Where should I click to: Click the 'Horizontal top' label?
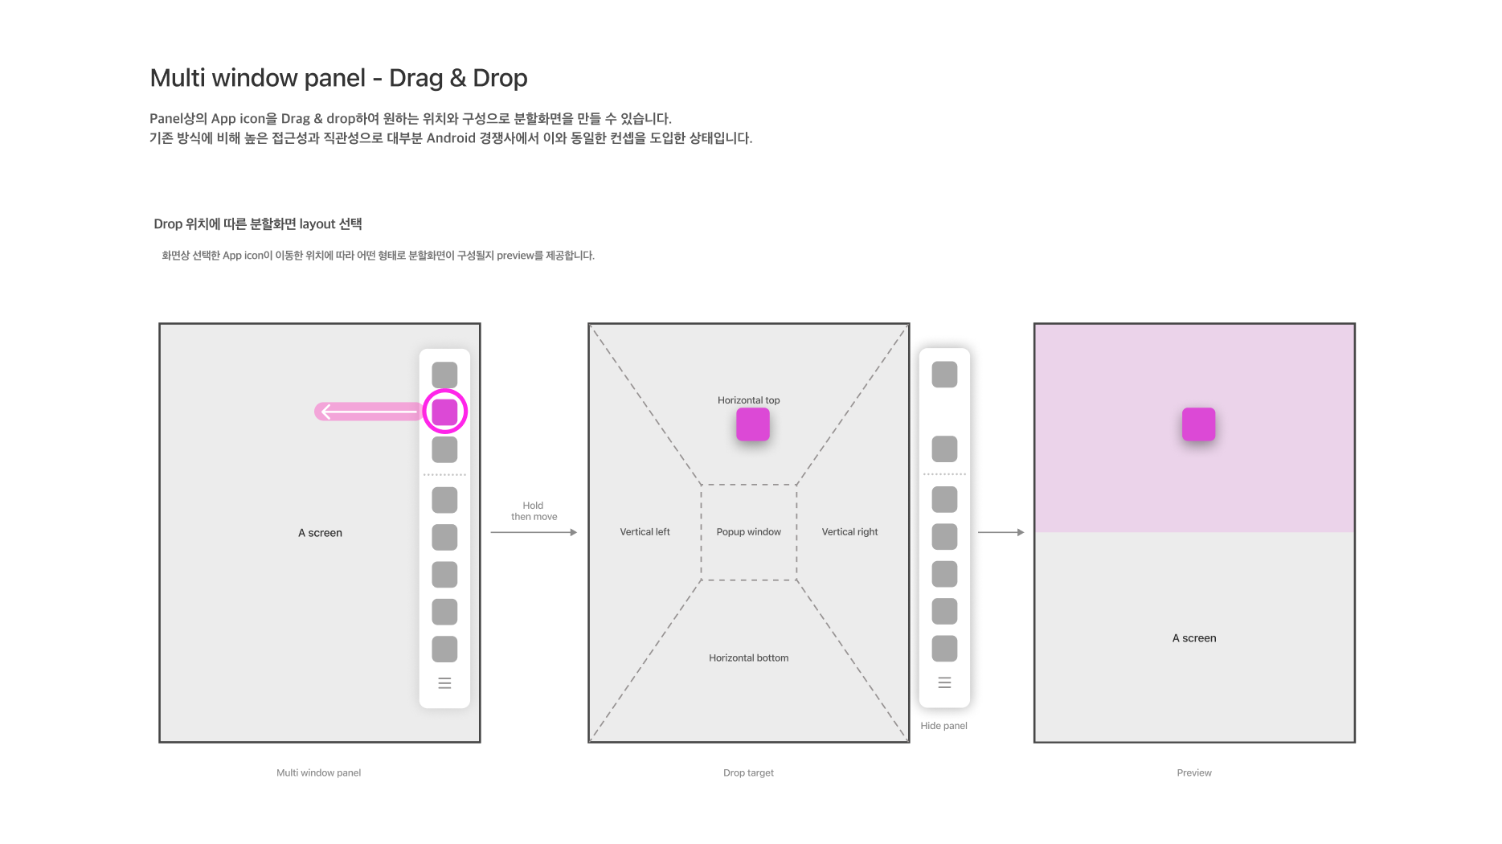tap(748, 400)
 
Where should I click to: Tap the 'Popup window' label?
tap(748, 532)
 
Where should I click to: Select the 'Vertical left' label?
tap(645, 532)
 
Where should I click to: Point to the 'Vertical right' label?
tap(849, 532)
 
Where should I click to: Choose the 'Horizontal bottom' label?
tap(748, 658)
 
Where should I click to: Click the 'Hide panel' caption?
tap(943, 726)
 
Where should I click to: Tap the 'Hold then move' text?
tap(534, 511)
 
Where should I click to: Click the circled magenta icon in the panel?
tap(444, 412)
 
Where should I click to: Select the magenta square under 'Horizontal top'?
tap(753, 424)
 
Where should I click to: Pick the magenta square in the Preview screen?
tap(1198, 424)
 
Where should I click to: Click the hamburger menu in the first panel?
tap(444, 683)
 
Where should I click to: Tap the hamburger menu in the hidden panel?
tap(944, 682)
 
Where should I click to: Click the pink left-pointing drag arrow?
tap(366, 412)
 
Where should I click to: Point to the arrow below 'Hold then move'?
tap(534, 532)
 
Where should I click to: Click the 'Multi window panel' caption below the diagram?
tap(318, 773)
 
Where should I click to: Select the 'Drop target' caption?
tap(748, 773)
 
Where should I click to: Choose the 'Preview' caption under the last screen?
tap(1193, 773)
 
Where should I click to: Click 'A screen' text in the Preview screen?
tap(1193, 638)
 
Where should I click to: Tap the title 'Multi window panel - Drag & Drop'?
tap(338, 78)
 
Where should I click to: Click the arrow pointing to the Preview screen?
tap(1001, 532)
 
